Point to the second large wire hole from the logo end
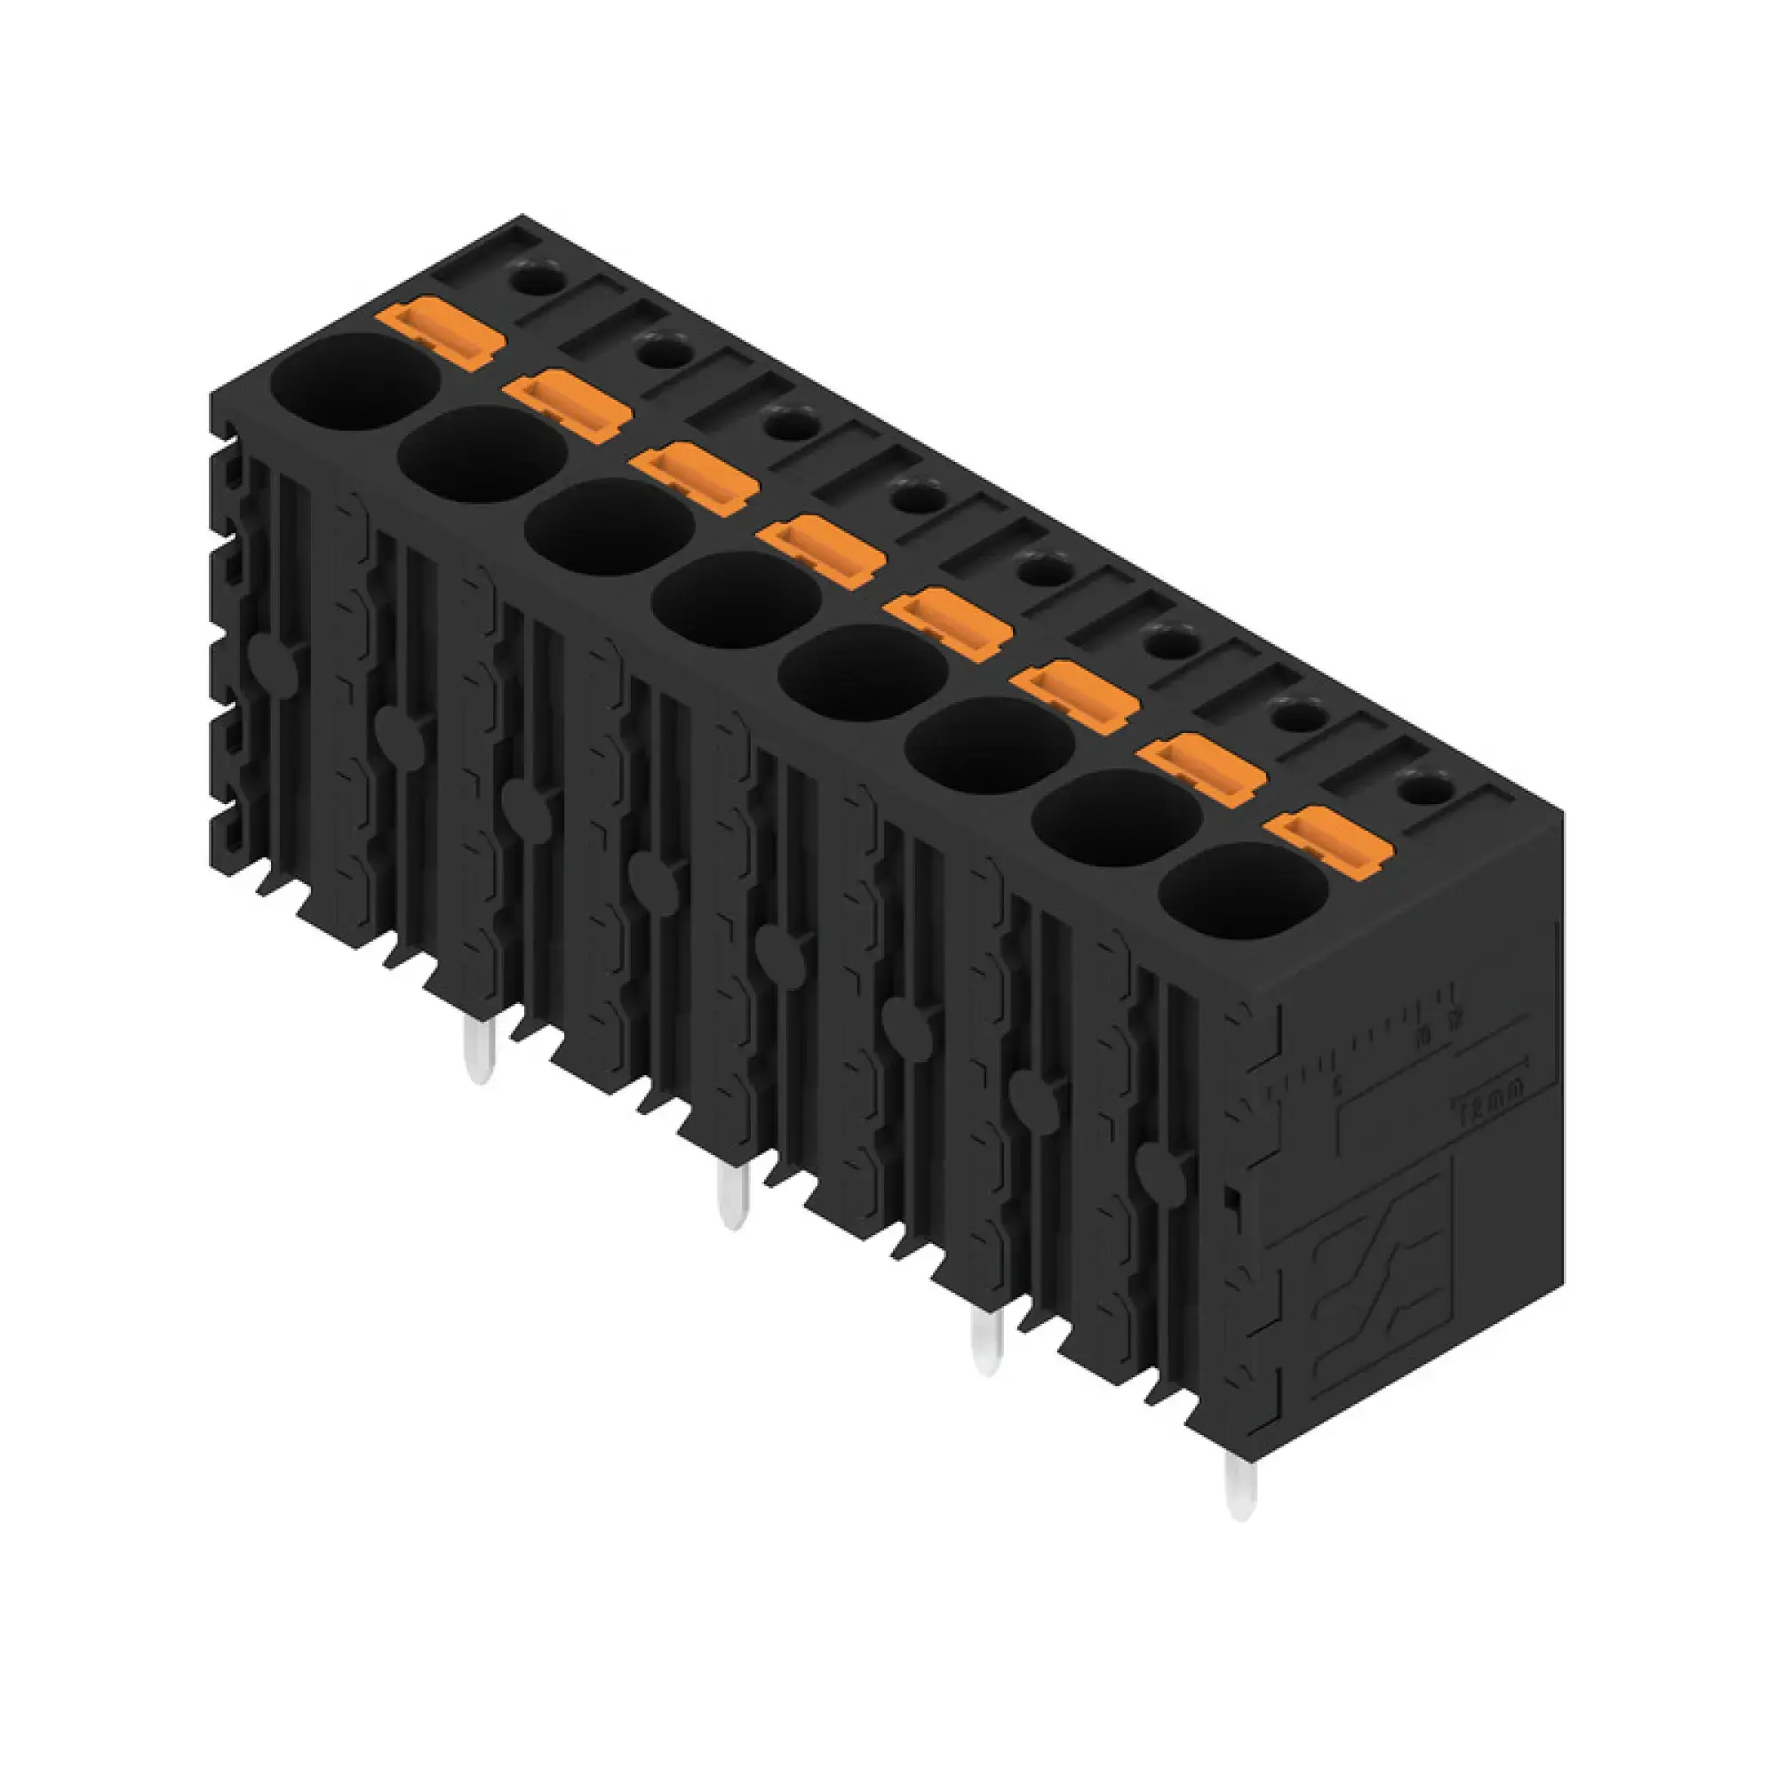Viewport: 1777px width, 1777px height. pos(1118,817)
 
